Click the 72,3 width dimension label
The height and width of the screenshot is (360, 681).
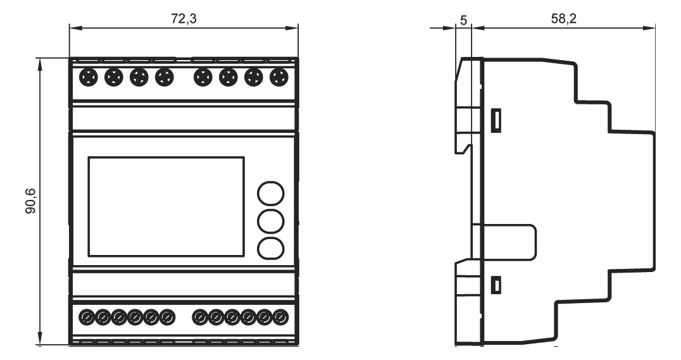pos(184,19)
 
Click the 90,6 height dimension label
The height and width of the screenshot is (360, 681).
pos(31,201)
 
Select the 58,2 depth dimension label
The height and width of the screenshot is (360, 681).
pos(564,19)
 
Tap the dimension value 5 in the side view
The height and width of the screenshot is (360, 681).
pos(463,20)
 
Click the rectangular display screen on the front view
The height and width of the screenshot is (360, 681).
pos(166,207)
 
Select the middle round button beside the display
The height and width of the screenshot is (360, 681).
pos(271,221)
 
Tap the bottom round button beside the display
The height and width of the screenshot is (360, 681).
pos(271,249)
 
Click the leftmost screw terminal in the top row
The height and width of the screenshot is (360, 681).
pos(88,78)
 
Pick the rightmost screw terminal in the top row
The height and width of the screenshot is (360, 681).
pos(279,78)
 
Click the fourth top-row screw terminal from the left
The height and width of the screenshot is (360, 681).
pos(164,78)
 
